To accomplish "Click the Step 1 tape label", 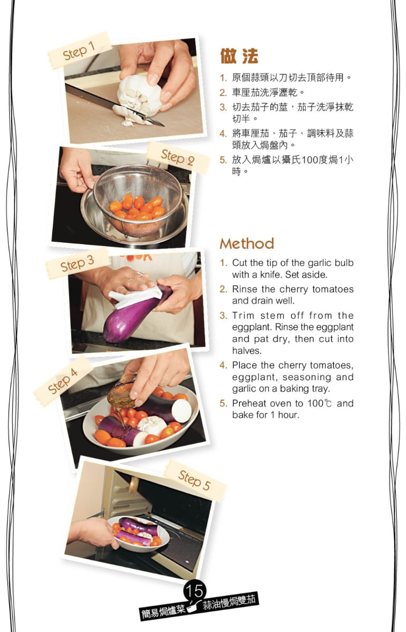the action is tap(80, 51).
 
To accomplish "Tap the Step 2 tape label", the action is tap(178, 157).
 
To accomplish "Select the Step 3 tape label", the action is tap(77, 263).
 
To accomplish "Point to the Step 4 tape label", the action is tap(63, 381).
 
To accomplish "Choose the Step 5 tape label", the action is tap(195, 480).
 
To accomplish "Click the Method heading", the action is tap(247, 244).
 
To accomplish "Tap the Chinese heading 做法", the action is tap(239, 56).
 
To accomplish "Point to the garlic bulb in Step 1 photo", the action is tap(140, 97).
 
